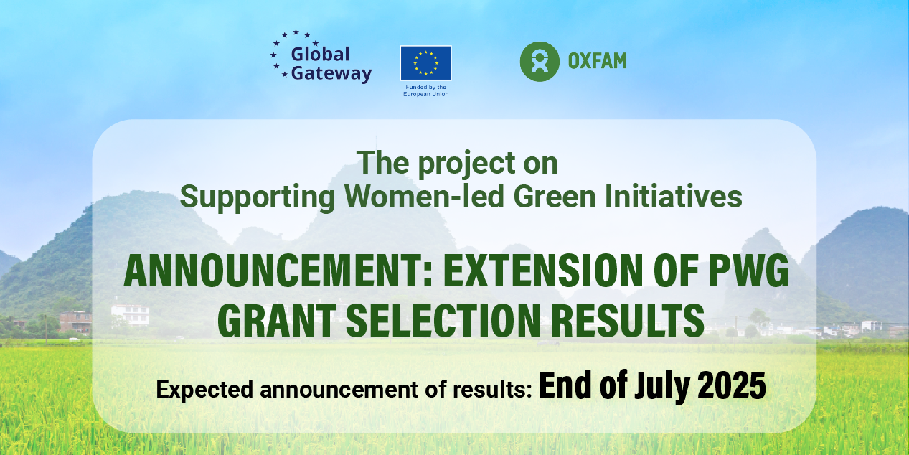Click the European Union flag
(425, 63)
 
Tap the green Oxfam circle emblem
(540, 61)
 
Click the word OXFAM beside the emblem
(598, 61)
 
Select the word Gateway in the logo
(331, 74)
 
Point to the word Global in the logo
(320, 54)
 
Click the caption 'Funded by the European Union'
(425, 90)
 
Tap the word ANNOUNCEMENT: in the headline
(278, 271)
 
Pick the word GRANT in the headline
(276, 321)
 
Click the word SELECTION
(443, 321)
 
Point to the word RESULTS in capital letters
(628, 321)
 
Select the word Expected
(204, 390)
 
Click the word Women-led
(424, 197)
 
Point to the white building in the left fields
(131, 315)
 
